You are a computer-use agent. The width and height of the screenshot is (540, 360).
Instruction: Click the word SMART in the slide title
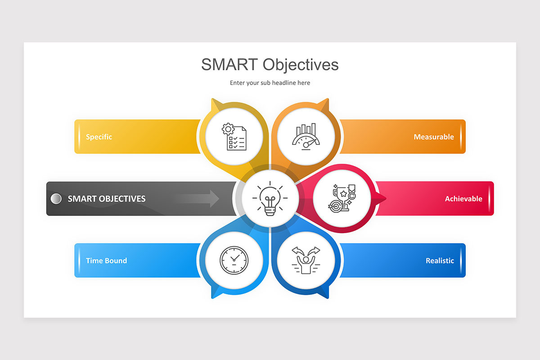point(230,64)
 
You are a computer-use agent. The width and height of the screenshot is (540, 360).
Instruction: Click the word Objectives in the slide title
point(301,64)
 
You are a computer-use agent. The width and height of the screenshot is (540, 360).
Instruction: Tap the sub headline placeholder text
point(270,83)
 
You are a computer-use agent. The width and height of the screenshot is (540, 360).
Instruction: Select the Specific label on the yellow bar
point(99,137)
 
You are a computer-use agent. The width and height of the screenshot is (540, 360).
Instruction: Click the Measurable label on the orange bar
point(434,137)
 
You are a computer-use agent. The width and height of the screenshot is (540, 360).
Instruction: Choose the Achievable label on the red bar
point(463,198)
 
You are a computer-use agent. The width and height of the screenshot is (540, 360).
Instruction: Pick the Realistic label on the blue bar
point(440,261)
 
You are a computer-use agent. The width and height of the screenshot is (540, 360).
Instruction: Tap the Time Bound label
point(106,261)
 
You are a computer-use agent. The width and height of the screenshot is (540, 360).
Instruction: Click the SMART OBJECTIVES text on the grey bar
point(107,198)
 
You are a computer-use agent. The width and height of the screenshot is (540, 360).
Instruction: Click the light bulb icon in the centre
point(270,198)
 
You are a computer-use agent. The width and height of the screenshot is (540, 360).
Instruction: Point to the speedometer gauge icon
point(306,137)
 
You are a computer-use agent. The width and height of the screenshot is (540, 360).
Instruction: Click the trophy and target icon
point(342,198)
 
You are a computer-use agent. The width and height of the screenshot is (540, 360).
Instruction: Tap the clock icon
point(234,261)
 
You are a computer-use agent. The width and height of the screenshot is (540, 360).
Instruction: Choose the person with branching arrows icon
point(306,261)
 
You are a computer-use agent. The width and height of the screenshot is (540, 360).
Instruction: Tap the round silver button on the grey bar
point(56,198)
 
